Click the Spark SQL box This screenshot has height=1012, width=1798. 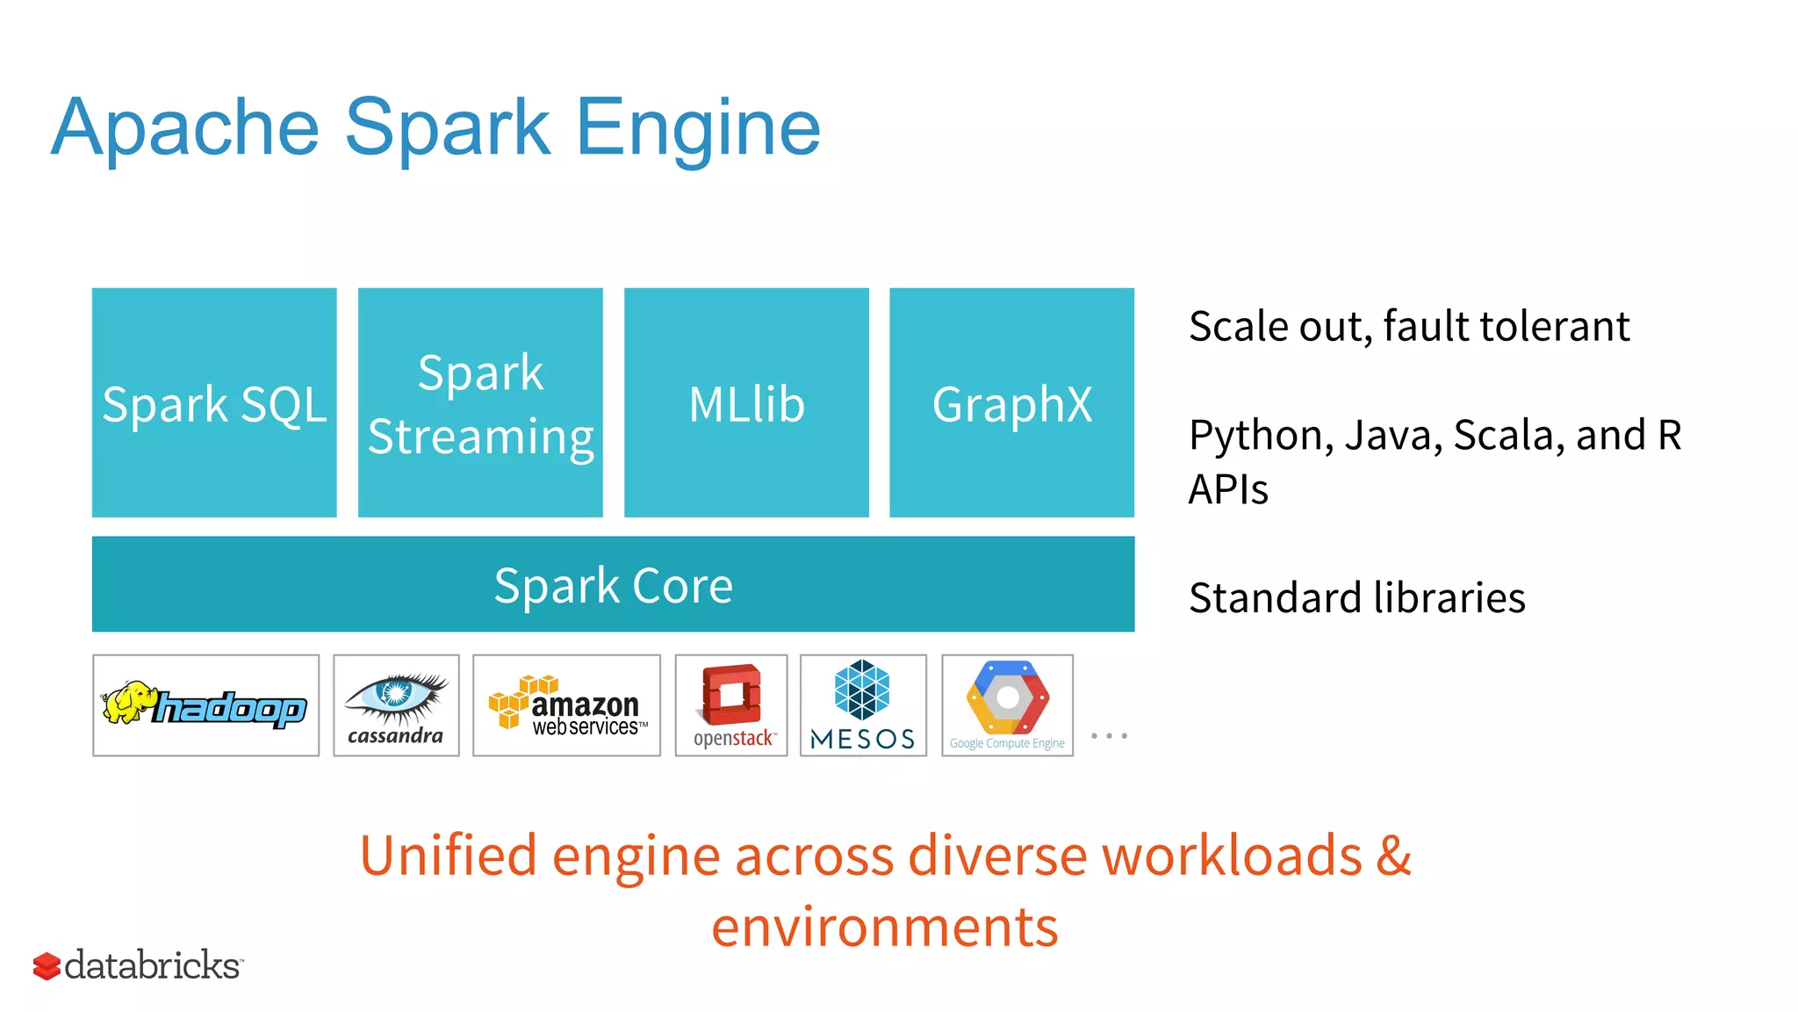[214, 402]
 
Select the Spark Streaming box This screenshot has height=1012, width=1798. [480, 402]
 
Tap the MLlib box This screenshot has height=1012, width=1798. [746, 402]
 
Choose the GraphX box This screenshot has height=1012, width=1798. [1011, 402]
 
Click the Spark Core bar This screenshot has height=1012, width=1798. [613, 584]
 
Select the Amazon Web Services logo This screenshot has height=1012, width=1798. [566, 705]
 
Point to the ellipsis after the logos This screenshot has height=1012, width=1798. [1109, 736]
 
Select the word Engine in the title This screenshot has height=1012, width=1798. [698, 128]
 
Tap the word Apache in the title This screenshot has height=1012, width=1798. [185, 128]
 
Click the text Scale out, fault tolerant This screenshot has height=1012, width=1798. [1408, 327]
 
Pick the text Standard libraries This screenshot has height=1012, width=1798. [1356, 598]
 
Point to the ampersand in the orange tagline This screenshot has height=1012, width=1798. [1393, 855]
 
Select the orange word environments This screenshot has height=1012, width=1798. [885, 927]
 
